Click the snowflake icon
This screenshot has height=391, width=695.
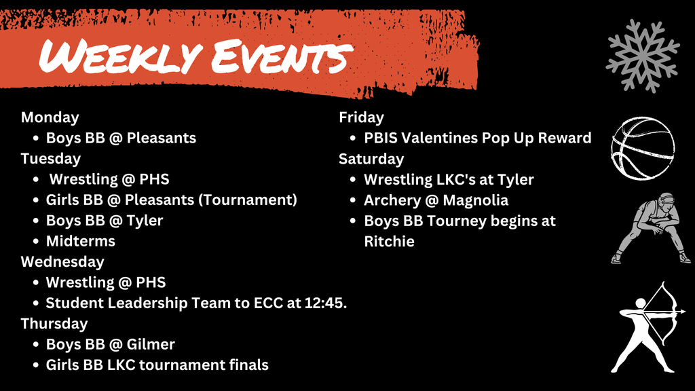(x=642, y=56)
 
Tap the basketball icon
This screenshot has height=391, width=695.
(x=642, y=147)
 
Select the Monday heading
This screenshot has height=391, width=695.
(x=50, y=117)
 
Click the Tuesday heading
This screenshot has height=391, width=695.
(x=50, y=159)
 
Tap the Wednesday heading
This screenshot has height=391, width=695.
(x=62, y=262)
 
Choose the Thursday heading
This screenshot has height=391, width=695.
(x=54, y=324)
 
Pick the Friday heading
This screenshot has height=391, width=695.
(x=361, y=117)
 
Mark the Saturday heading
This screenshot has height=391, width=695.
(x=371, y=159)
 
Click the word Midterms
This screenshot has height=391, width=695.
(x=80, y=241)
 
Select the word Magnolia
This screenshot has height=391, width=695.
(x=475, y=200)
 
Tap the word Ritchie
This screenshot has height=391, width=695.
(x=389, y=241)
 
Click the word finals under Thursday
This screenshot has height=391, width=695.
(x=248, y=365)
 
